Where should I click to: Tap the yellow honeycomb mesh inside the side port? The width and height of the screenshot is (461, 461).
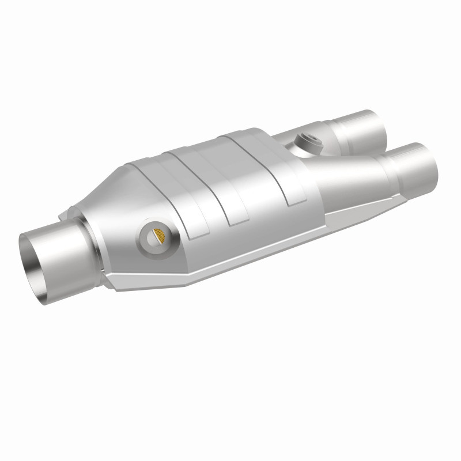[x=159, y=236]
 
